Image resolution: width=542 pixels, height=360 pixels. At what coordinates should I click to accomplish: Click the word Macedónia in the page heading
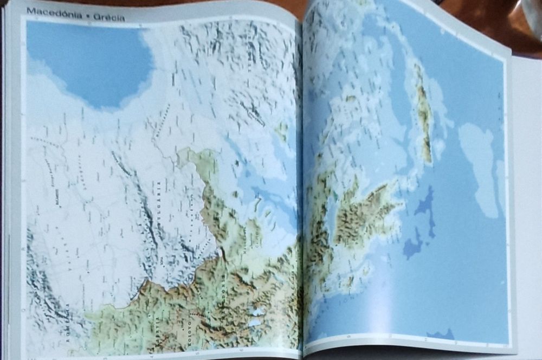pos(49,12)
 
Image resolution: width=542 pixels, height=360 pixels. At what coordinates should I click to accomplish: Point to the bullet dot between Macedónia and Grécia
pos(83,15)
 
